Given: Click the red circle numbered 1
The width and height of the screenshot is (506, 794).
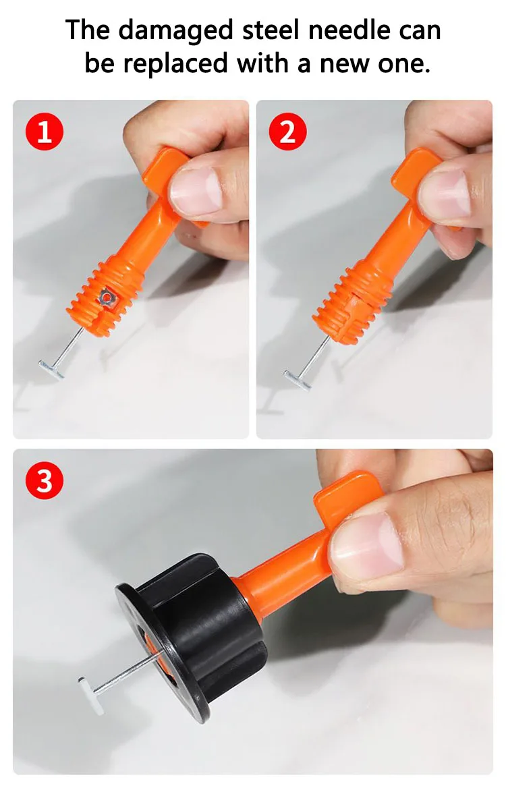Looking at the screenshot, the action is tap(45, 132).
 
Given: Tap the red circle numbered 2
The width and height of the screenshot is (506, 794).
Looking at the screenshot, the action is tap(287, 132).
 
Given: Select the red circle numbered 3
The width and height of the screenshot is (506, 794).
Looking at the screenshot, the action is tap(45, 480).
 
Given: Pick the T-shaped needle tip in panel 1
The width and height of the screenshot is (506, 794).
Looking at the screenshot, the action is tap(52, 369).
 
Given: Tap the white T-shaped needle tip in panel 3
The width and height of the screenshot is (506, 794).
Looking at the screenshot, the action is tap(91, 696).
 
